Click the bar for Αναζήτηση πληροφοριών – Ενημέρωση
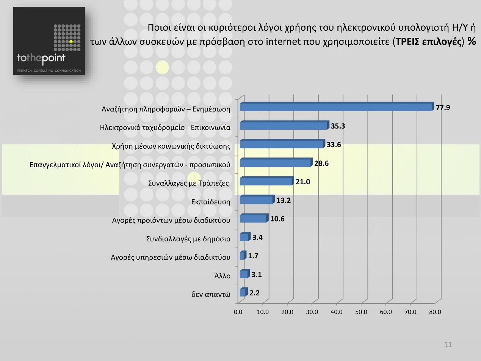pos(336,107)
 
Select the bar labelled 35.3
pos(284,126)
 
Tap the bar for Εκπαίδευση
pos(256,200)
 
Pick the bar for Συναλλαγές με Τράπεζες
pos(266,182)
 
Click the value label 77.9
pos(443,108)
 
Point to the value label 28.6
pos(321,163)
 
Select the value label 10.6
pos(277,219)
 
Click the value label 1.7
pos(253,256)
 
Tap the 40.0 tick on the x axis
pos(337,312)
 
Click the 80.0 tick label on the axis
pos(435,312)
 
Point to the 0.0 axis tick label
pos(238,312)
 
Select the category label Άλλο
pos(222,276)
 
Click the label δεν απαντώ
pos(211,294)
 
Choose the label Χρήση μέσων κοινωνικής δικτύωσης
pos(171,146)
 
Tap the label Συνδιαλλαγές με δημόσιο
pos(188,239)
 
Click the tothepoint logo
pos(49,41)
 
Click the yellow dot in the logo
pos(71,41)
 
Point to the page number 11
pos(448,344)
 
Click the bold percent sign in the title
pos(472,41)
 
